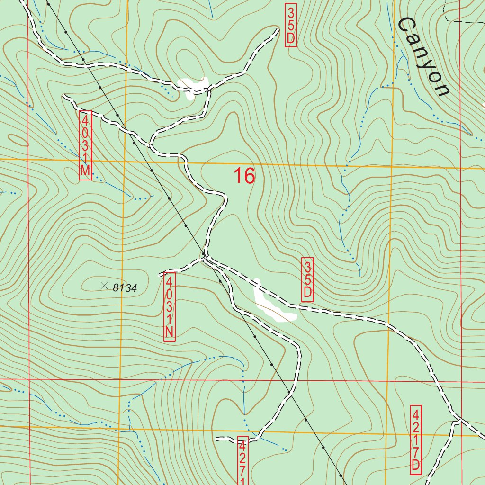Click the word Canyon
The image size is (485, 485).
[423, 57]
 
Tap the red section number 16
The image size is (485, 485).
[244, 176]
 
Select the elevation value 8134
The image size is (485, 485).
[125, 287]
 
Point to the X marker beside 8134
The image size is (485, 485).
[104, 285]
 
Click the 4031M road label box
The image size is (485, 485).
[85, 145]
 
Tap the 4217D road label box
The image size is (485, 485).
[415, 439]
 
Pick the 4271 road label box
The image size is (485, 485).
[242, 459]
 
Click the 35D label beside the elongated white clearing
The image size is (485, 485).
[307, 279]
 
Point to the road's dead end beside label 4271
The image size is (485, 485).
[217, 439]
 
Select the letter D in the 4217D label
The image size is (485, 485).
[415, 465]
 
